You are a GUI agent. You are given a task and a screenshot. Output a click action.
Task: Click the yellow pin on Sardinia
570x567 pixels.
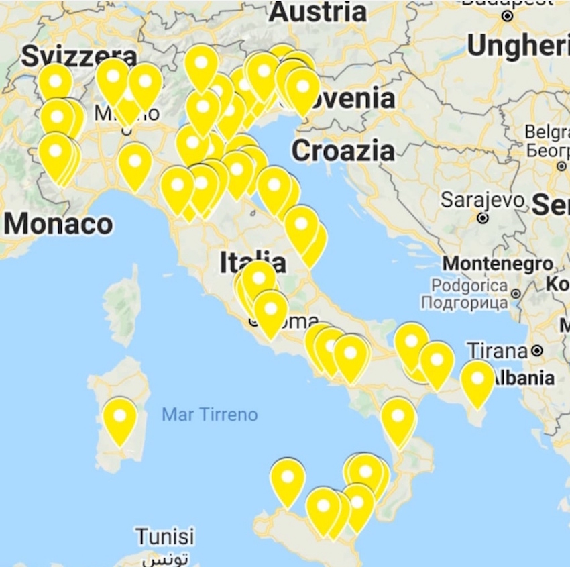tap(120, 419)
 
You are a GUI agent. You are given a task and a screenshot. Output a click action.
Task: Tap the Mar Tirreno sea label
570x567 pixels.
tap(209, 415)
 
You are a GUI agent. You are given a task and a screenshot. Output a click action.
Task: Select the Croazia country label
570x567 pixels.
tap(343, 151)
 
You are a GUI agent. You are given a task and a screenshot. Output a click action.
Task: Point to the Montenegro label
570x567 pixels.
tap(498, 263)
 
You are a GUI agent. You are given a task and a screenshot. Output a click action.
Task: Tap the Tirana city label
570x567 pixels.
tap(498, 350)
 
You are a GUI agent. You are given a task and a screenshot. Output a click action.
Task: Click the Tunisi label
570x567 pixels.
tap(164, 537)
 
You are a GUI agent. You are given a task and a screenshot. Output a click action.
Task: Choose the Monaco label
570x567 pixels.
tap(58, 224)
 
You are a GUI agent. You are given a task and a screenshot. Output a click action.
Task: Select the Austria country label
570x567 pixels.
tap(318, 11)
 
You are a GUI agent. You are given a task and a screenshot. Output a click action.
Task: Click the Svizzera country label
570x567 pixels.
tap(79, 56)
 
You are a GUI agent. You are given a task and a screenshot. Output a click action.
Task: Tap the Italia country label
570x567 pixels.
tap(253, 262)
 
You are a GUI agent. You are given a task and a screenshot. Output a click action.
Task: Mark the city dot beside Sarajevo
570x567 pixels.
tap(482, 217)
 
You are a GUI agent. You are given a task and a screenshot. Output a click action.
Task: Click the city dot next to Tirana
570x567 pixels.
tap(536, 350)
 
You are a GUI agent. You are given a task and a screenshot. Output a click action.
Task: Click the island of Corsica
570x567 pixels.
tap(123, 305)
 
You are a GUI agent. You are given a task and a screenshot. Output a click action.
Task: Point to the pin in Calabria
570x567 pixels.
tap(398, 419)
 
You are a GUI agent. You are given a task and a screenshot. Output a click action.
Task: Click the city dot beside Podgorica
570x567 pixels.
tap(516, 294)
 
